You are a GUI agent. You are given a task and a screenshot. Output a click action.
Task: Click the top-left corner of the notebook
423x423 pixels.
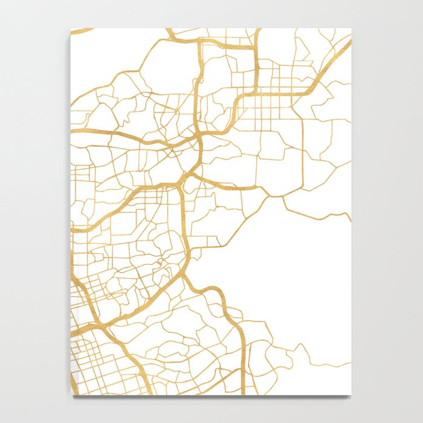coord(71,28)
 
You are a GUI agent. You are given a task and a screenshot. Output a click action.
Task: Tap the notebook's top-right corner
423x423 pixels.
coord(351,28)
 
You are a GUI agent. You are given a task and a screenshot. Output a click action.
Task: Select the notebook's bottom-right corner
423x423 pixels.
coord(351,395)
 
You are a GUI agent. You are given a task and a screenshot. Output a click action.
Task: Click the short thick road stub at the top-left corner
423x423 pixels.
coord(82,30)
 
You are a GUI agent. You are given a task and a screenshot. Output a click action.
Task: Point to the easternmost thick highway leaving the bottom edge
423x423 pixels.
coord(244,387)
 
